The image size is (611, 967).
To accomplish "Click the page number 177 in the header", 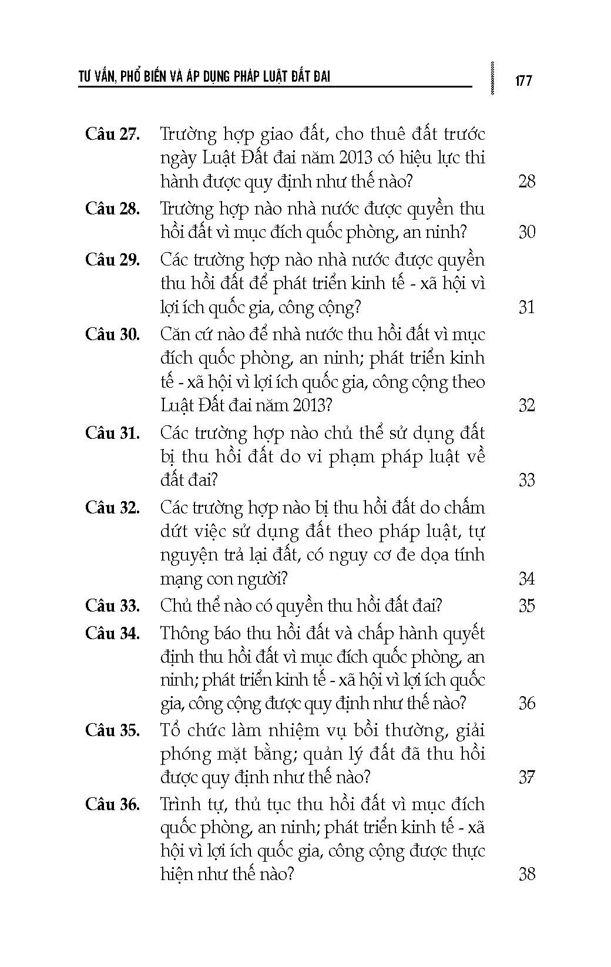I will point(523,80).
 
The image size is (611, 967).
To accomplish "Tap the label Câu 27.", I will point(112,134).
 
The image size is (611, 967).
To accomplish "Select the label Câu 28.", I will point(112,209).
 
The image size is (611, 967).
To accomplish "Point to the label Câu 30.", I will point(112,334).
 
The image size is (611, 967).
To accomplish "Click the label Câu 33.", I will point(112,605).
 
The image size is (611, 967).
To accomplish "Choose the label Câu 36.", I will point(112,804).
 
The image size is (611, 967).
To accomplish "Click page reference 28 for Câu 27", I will point(526,181).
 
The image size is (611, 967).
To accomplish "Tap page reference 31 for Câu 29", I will point(526,307).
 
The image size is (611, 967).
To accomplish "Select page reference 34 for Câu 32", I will point(526,579).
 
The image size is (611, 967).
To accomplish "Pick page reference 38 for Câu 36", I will point(526,874).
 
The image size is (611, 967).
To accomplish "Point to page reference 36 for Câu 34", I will point(526,703).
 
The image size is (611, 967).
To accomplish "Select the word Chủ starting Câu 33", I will point(174,605).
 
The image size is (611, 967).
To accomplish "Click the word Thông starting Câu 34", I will point(184,633).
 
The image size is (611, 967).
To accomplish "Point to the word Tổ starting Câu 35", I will point(170,730).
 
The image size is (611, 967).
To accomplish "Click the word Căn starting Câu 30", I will point(175,334).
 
